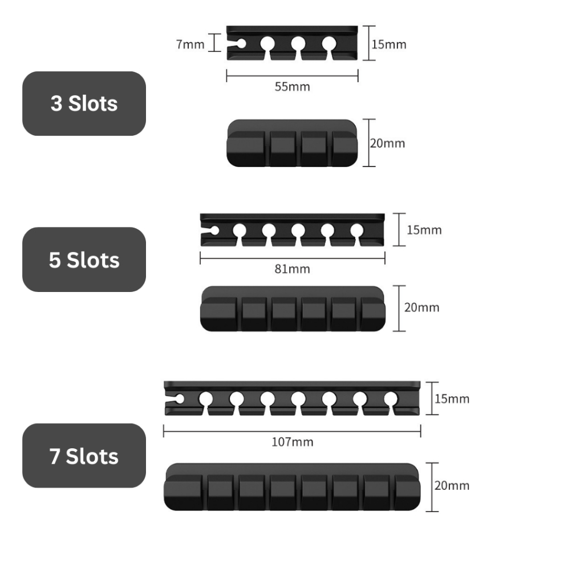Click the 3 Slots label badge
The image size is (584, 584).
pos(84,103)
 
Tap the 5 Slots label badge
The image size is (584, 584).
pos(84,259)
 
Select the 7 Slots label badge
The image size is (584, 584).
pos(84,456)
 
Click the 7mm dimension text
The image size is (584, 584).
pos(190,44)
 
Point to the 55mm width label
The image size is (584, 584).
pos(292,87)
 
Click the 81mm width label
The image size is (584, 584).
pos(292,269)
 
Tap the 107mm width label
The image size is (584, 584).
pos(292,441)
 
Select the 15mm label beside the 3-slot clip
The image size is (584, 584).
pos(389,43)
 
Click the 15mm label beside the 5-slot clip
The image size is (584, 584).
pos(424,230)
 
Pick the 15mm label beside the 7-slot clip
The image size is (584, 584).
pos(452,398)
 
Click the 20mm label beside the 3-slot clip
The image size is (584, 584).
pos(387,143)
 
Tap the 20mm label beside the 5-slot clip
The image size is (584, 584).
pos(421,307)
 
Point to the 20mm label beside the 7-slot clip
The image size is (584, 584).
pos(452,485)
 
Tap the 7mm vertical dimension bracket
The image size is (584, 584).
pos(215,43)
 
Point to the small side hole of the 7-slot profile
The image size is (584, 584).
pos(179,398)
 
